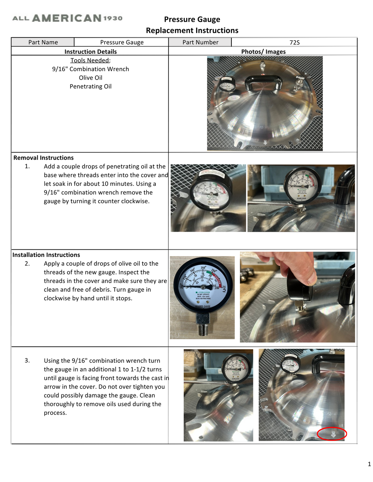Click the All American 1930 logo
[x=67, y=18]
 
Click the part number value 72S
[x=294, y=42]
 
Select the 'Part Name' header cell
[x=43, y=42]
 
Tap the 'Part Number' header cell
[x=200, y=42]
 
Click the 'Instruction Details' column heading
[x=90, y=52]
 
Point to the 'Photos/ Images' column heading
[x=263, y=52]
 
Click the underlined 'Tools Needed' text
[x=90, y=60]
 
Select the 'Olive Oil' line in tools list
[x=90, y=78]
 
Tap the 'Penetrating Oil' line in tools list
[x=90, y=87]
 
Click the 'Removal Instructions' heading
[x=44, y=158]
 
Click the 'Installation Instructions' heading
[x=46, y=255]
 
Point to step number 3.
[x=27, y=361]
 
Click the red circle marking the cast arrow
[x=332, y=434]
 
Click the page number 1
[x=369, y=464]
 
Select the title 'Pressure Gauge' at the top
[x=192, y=20]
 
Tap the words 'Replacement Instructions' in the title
[x=192, y=31]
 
